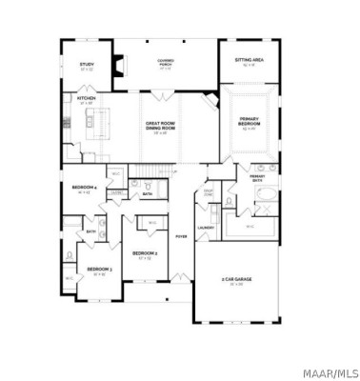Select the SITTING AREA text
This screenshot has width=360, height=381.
(250, 61)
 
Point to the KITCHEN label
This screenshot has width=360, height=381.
(87, 98)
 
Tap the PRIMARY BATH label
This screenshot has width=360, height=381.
(257, 178)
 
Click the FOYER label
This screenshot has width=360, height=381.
(181, 236)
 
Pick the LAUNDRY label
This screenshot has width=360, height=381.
(205, 228)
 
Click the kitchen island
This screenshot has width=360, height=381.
(96, 119)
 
